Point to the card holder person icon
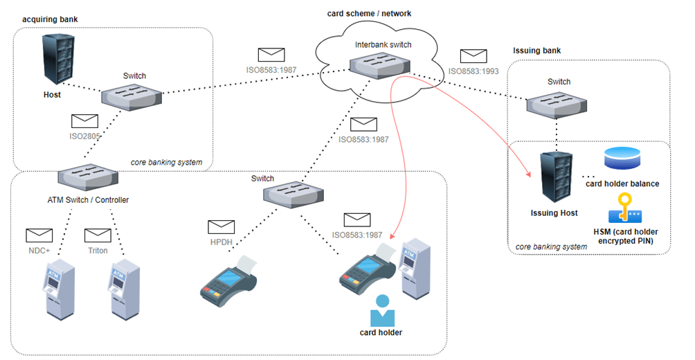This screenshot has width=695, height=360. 381,311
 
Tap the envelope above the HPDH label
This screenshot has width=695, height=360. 222,226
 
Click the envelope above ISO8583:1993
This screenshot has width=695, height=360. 473,56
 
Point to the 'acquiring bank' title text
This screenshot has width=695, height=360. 50,17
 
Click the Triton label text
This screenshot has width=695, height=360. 98,250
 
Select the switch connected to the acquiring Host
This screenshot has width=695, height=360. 134,95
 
